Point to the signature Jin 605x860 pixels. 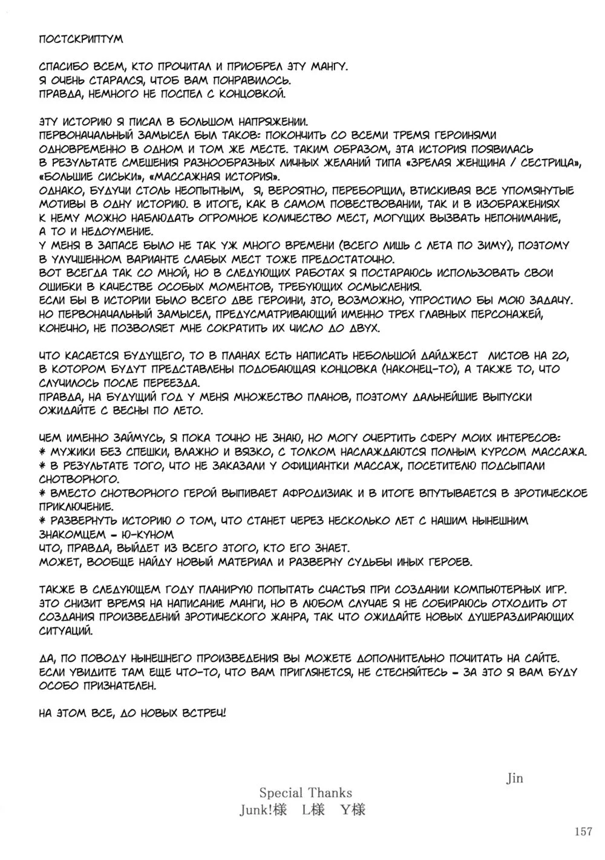(x=514, y=779)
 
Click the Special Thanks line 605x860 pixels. (x=306, y=792)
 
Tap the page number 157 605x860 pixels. (x=581, y=832)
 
